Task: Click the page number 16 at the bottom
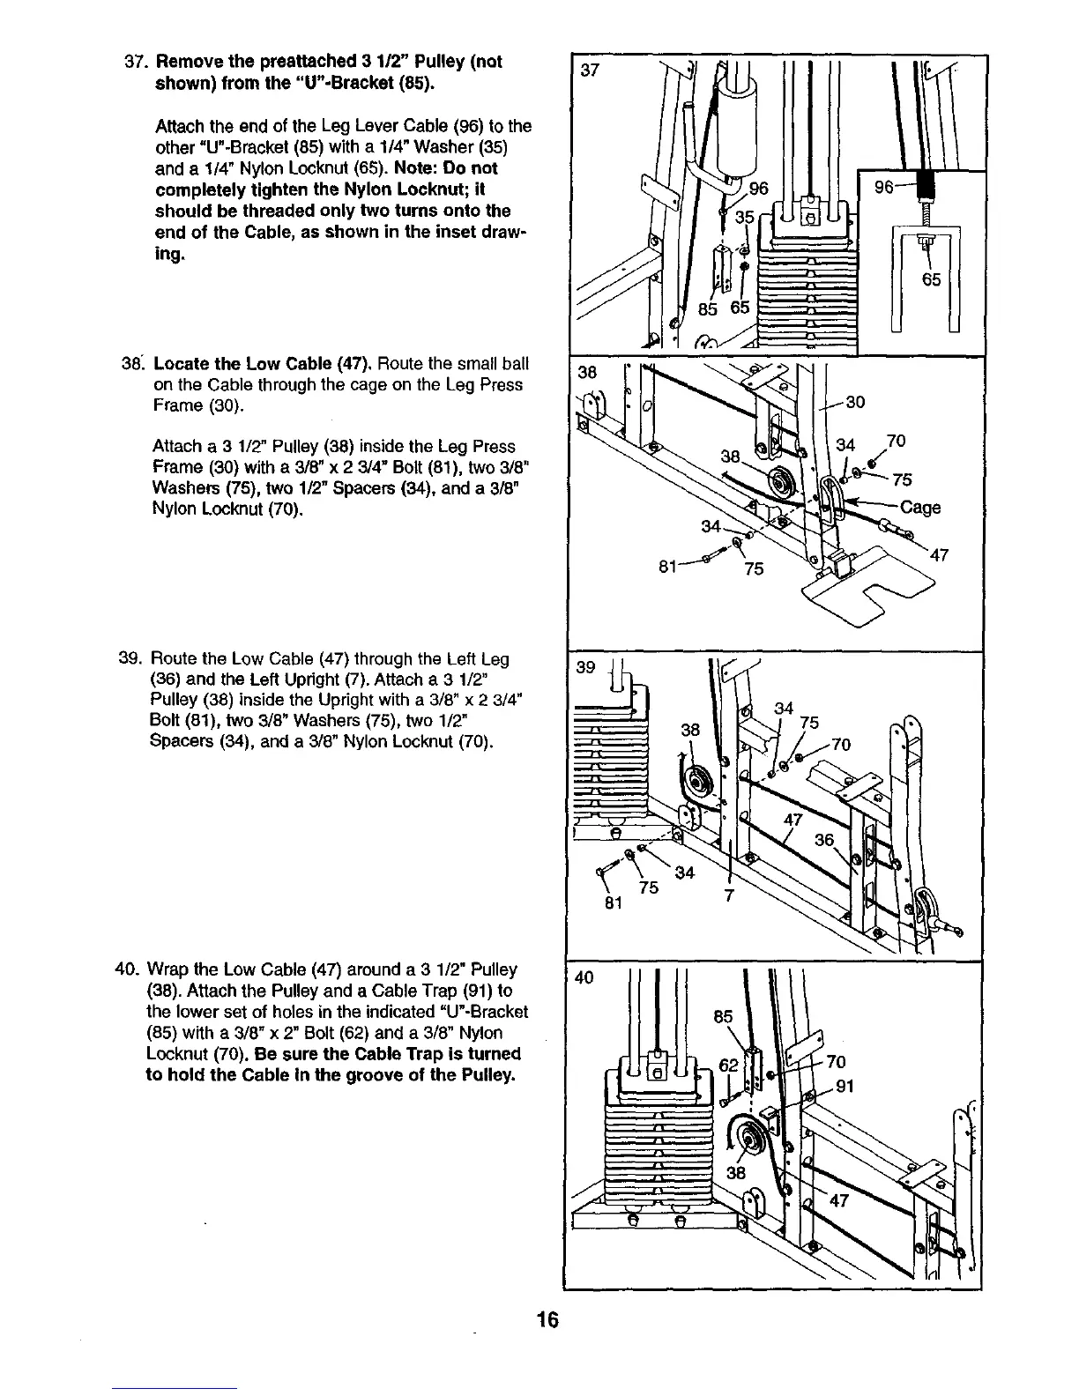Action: click(547, 1320)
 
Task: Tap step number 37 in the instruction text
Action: click(135, 63)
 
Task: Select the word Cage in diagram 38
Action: click(920, 508)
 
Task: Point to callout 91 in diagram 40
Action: click(845, 1086)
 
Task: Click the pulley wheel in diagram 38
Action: click(780, 484)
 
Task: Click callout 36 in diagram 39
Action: click(825, 840)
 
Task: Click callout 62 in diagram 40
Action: click(728, 1064)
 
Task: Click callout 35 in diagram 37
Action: click(745, 217)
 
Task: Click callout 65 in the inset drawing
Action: click(932, 280)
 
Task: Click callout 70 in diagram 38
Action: click(897, 441)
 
